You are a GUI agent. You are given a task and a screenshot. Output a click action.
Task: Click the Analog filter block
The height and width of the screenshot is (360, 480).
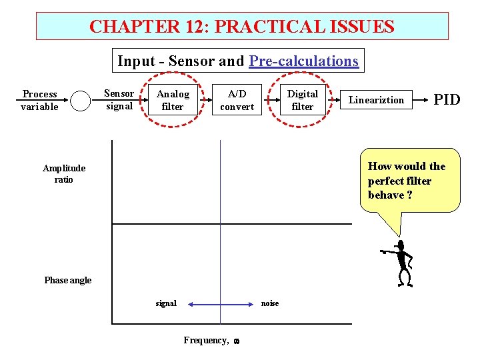pyautogui.click(x=173, y=100)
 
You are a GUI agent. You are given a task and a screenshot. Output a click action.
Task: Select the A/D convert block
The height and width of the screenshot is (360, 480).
pyautogui.click(x=237, y=100)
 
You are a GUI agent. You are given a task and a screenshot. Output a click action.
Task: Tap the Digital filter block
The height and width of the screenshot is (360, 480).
pyautogui.click(x=303, y=100)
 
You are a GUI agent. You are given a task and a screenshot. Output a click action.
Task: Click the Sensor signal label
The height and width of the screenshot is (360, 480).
pyautogui.click(x=120, y=99)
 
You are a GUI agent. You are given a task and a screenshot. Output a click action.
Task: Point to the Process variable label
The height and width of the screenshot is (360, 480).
pyautogui.click(x=40, y=100)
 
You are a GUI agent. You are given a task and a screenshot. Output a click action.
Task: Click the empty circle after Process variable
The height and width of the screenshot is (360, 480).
pyautogui.click(x=81, y=101)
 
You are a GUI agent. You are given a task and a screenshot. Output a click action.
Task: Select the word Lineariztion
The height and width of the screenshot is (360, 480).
pyautogui.click(x=377, y=100)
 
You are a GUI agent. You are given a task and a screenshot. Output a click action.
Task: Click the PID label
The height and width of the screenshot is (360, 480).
pyautogui.click(x=447, y=100)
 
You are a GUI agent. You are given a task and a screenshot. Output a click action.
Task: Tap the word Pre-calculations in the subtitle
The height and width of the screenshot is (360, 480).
pyautogui.click(x=304, y=61)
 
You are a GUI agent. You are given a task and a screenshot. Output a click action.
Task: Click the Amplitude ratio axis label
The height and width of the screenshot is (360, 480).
pyautogui.click(x=64, y=173)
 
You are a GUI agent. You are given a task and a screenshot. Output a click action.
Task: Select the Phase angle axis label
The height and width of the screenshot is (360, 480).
pyautogui.click(x=67, y=280)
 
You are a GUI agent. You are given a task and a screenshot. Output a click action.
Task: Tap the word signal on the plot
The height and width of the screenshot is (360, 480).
pyautogui.click(x=166, y=303)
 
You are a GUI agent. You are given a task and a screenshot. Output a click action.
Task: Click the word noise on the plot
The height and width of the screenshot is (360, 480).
pyautogui.click(x=270, y=303)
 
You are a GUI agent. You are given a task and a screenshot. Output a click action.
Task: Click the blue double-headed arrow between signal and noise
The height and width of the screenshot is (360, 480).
pyautogui.click(x=220, y=304)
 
